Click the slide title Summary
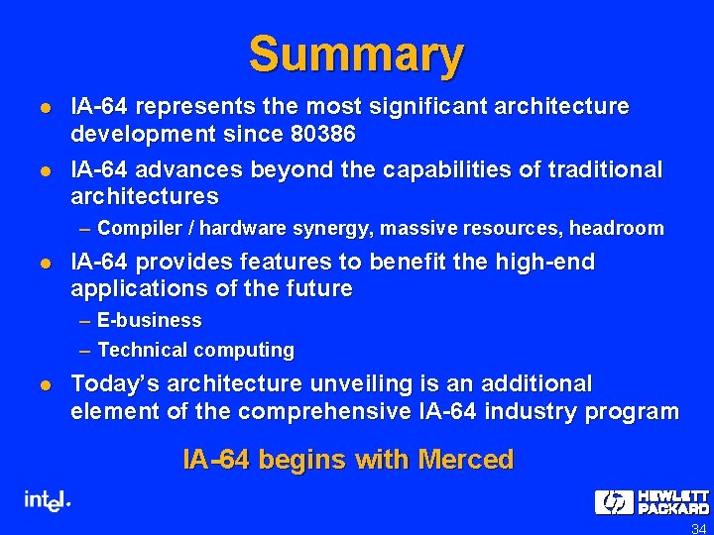point(356,54)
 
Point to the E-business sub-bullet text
point(149,321)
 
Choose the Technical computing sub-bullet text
point(195,350)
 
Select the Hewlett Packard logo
point(652,501)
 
